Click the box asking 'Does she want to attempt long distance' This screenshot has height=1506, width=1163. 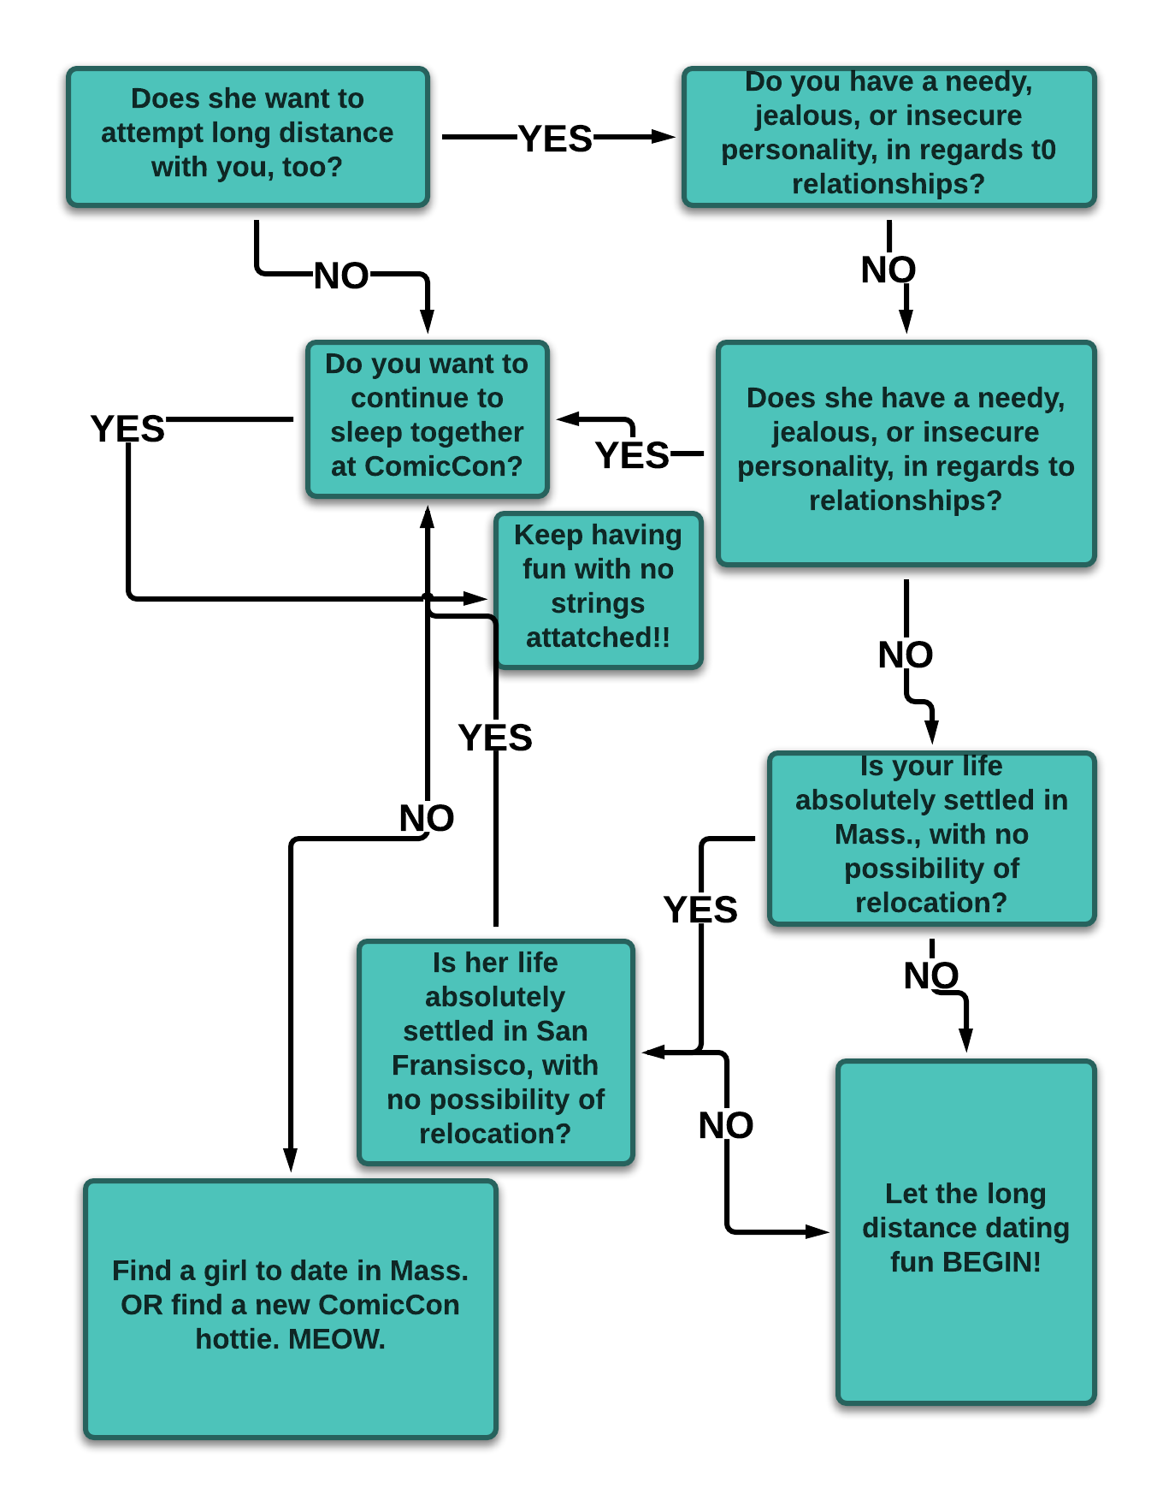pyautogui.click(x=247, y=136)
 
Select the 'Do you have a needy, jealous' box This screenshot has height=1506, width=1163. pyautogui.click(x=888, y=136)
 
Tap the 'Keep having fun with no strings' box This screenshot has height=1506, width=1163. pyautogui.click(x=598, y=590)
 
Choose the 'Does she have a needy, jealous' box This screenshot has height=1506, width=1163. pyautogui.click(x=906, y=453)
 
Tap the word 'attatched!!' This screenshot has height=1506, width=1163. pyautogui.click(x=598, y=637)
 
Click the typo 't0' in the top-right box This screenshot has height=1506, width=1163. pyautogui.click(x=1043, y=150)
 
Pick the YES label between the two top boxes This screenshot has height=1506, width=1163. pyautogui.click(x=555, y=139)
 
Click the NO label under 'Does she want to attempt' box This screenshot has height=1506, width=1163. pyautogui.click(x=341, y=276)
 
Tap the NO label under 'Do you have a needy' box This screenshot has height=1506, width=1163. pyautogui.click(x=888, y=270)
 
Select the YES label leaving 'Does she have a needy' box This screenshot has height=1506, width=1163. pyautogui.click(x=632, y=455)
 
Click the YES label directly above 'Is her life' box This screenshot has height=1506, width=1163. pyautogui.click(x=495, y=738)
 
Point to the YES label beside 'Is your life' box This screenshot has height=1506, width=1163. pyautogui.click(x=700, y=910)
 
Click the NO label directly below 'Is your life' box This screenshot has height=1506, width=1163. pyautogui.click(x=931, y=975)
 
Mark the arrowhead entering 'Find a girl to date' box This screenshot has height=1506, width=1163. pyautogui.click(x=291, y=1162)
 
